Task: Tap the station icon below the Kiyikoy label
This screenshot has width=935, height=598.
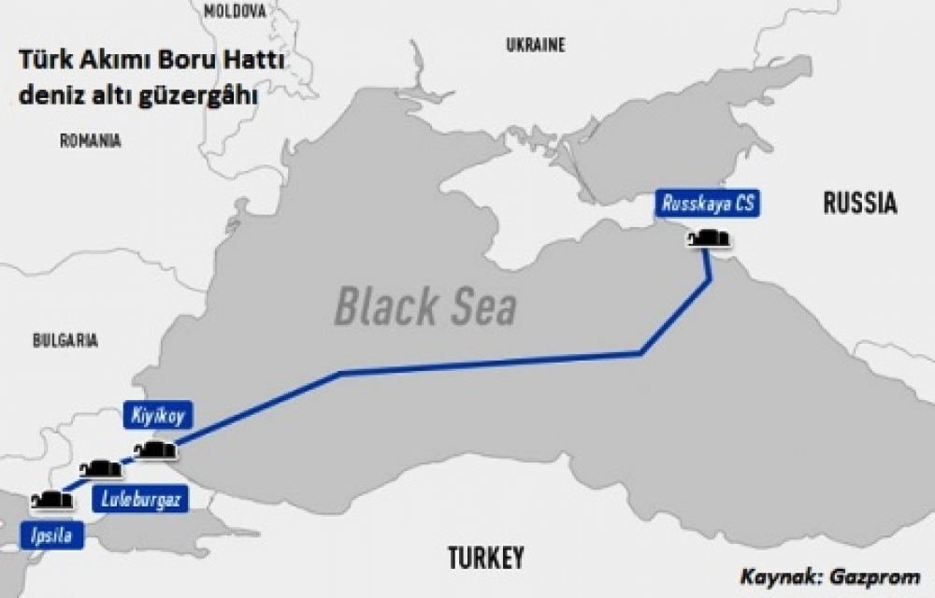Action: (155, 451)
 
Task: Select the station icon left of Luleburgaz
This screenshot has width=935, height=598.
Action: (101, 469)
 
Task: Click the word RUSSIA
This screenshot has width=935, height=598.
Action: (860, 204)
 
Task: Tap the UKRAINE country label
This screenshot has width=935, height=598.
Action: (537, 45)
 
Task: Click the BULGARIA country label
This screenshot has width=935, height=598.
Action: (65, 341)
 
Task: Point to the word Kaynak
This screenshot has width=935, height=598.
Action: (774, 576)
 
